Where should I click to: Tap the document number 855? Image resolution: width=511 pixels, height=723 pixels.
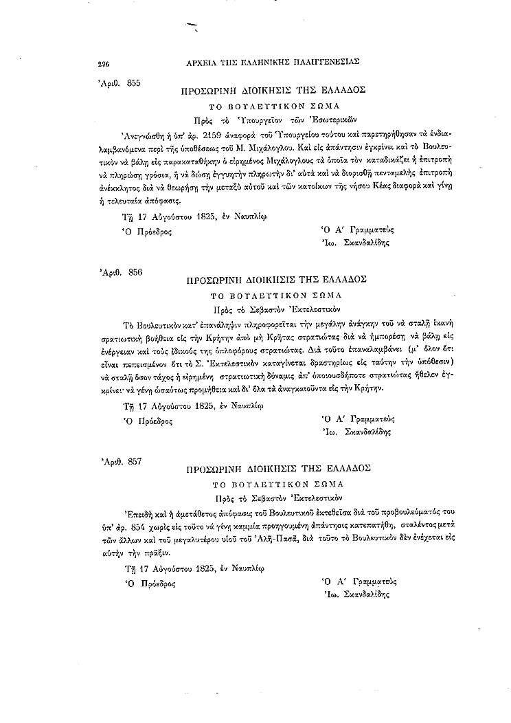tap(133, 82)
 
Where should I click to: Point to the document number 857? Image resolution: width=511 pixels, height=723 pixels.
tap(135, 461)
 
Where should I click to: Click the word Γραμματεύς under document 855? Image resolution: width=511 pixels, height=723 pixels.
tap(372, 229)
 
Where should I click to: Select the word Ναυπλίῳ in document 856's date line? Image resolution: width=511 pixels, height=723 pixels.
tap(245, 405)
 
